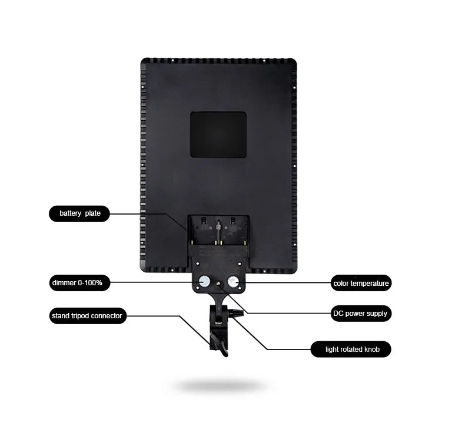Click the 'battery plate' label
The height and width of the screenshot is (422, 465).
tap(79, 213)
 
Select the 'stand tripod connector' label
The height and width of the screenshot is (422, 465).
tap(87, 316)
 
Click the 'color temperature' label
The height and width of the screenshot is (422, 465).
tap(360, 283)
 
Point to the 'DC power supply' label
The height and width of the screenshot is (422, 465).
tap(360, 314)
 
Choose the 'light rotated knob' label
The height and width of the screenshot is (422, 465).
tap(352, 350)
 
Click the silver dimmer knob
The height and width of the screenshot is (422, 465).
tap(205, 282)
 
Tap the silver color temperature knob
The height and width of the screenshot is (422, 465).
tap(233, 282)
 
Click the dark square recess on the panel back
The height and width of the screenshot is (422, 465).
tap(218, 134)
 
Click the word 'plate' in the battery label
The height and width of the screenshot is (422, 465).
tap(93, 213)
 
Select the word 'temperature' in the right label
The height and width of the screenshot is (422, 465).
tap(370, 283)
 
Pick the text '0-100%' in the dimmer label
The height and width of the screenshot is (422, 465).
tap(91, 283)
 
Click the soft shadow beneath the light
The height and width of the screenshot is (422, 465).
tap(219, 386)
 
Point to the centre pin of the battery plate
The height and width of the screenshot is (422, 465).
tap(218, 225)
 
